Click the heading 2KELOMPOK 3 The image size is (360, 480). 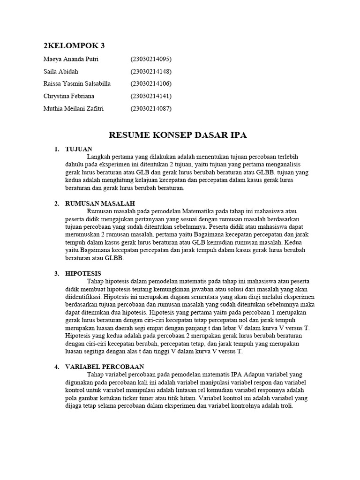click(x=74, y=45)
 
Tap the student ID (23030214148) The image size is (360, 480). click(x=151, y=72)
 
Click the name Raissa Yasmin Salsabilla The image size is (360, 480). click(x=77, y=84)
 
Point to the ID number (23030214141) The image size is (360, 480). click(x=151, y=96)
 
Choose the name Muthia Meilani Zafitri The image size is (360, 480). click(x=73, y=109)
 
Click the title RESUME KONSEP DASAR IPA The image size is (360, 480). click(x=178, y=135)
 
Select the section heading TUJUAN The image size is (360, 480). click(x=79, y=149)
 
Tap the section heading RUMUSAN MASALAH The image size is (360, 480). click(x=100, y=203)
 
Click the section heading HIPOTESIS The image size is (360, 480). click(x=83, y=273)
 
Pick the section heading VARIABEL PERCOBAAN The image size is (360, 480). click(x=105, y=367)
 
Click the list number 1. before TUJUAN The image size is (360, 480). click(x=57, y=149)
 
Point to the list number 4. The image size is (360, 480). click(x=57, y=367)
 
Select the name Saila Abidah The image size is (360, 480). click(x=61, y=72)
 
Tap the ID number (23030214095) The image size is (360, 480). click(x=151, y=60)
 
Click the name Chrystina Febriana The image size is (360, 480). click(x=68, y=96)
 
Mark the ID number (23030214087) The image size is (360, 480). click(x=151, y=109)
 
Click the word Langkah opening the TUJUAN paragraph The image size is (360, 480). click(x=99, y=157)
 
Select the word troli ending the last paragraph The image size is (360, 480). click(x=285, y=406)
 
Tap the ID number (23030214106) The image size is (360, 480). click(x=151, y=84)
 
